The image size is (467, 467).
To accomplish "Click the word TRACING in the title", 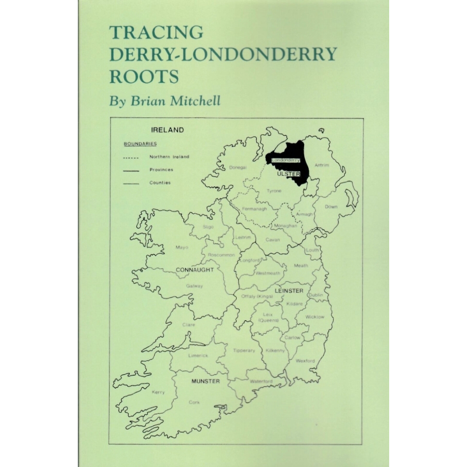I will pos(156,33).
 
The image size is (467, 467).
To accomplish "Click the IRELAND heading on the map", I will pos(167,130).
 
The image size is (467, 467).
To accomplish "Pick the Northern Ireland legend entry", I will pos(169,157).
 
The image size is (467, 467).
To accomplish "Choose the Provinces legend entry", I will pos(161,170).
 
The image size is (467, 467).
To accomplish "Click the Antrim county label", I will pos(322,165).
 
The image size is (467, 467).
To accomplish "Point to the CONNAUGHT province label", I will pos(195,270).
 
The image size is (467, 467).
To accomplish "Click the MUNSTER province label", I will pos(205,381).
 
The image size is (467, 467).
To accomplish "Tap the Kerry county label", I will pos(158,392).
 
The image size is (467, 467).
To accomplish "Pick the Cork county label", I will pos(194,402).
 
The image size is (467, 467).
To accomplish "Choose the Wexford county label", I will pos(305,361).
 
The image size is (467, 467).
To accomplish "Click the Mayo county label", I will pos(182,247).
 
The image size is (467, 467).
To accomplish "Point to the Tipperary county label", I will pos(244,350).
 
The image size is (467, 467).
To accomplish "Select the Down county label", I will pos(331,207).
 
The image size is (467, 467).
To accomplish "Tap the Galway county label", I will pos(195,286).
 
